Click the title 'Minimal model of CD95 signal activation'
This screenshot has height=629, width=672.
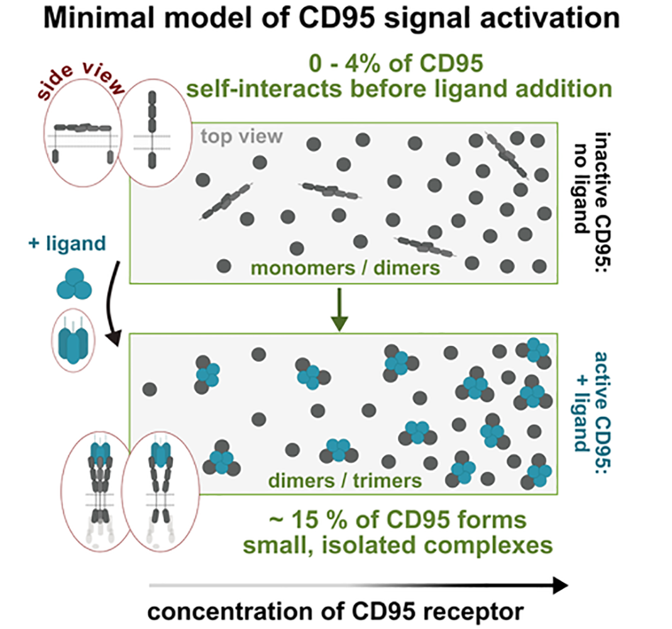click(x=332, y=18)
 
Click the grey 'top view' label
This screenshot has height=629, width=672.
click(x=242, y=136)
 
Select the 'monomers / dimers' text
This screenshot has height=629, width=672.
click(x=345, y=269)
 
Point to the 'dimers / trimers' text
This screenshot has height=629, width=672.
click(x=345, y=481)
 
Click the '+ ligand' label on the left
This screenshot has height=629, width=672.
click(x=67, y=243)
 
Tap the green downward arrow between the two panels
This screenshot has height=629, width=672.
click(x=339, y=309)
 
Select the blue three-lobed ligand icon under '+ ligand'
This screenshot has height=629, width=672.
click(x=74, y=284)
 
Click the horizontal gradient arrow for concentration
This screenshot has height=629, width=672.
click(x=358, y=585)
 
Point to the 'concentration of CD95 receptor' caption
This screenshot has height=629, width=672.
click(x=336, y=611)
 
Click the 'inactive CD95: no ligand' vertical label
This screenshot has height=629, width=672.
click(x=593, y=199)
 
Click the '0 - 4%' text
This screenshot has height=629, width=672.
click(x=339, y=64)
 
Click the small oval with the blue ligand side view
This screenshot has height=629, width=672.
click(x=74, y=340)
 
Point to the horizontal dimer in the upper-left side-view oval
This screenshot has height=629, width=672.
click(x=83, y=127)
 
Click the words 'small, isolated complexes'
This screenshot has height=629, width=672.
click(x=398, y=545)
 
